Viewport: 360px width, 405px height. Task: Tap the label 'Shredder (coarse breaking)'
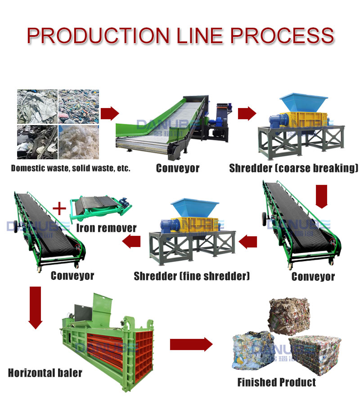tap(293, 168)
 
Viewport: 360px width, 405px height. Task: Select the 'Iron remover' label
tap(106, 228)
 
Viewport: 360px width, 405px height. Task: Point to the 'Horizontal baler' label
tap(45, 373)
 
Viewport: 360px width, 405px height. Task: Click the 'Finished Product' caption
tap(276, 382)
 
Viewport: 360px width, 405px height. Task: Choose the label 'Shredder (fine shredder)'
tap(191, 276)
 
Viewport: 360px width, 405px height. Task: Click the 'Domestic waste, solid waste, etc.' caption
tap(71, 169)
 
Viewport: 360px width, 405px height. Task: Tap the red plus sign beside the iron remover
tap(59, 208)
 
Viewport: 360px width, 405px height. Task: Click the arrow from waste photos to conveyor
tap(109, 113)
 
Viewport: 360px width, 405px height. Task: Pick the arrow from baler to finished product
tap(191, 345)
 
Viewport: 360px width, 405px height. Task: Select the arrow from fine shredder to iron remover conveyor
tap(131, 242)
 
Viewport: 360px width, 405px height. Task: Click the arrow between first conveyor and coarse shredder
tap(247, 113)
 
